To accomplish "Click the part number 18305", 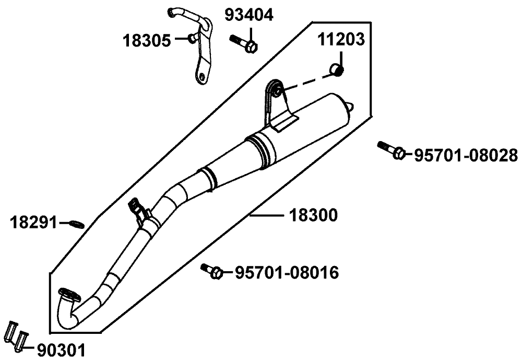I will tap(146, 40).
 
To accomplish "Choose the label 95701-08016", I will tap(286, 272).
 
